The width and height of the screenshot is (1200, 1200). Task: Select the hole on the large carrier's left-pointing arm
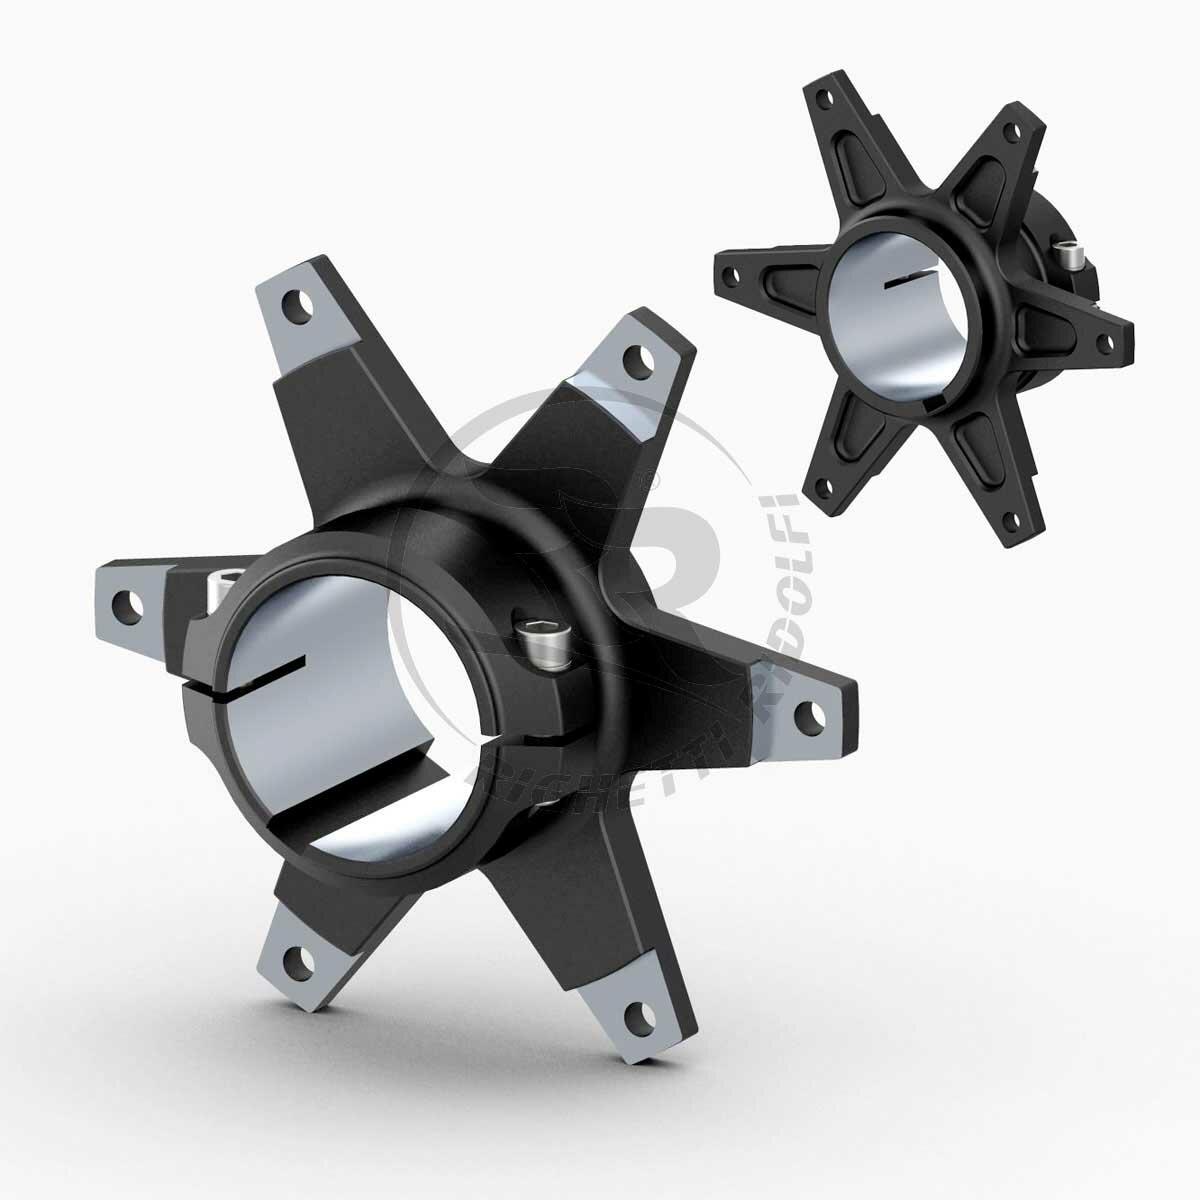pyautogui.click(x=126, y=603)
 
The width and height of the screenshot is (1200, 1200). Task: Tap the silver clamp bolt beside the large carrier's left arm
pyautogui.click(x=226, y=586)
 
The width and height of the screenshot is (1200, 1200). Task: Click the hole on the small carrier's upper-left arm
pyautogui.click(x=824, y=99)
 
